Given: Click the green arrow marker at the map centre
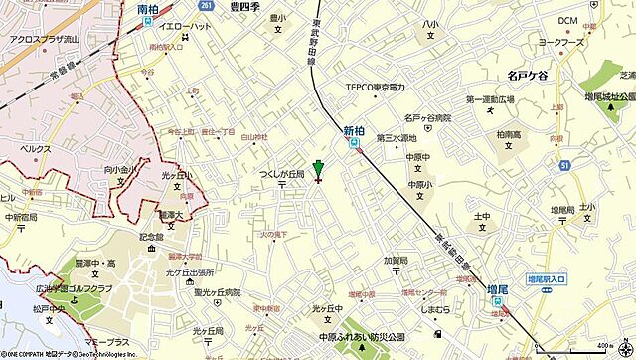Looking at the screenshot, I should [318, 168].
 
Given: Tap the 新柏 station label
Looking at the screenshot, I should [354, 130].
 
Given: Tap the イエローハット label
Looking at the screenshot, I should [172, 31].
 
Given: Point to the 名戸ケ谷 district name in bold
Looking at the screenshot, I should [513, 73].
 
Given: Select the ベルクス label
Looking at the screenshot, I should [38, 146].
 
